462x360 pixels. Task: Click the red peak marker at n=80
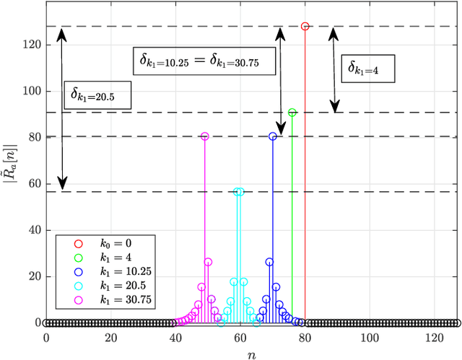coord(305,26)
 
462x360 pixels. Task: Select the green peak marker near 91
coord(292,113)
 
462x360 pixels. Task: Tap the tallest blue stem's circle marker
coord(273,136)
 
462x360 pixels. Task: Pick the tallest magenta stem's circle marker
coord(204,136)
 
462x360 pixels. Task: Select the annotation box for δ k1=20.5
coord(97,95)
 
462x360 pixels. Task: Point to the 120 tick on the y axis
coord(30,45)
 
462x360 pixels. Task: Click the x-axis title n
coord(250,353)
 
